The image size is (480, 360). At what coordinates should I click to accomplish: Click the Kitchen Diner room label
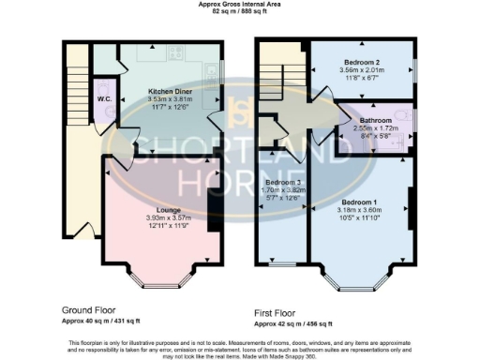point(171,91)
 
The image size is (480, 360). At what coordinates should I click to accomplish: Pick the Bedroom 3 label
point(281,181)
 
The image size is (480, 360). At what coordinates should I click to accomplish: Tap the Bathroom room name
point(372,120)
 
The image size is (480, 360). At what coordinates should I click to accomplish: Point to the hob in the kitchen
point(174,52)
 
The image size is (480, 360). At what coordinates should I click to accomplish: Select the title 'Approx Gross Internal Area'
point(240,5)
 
